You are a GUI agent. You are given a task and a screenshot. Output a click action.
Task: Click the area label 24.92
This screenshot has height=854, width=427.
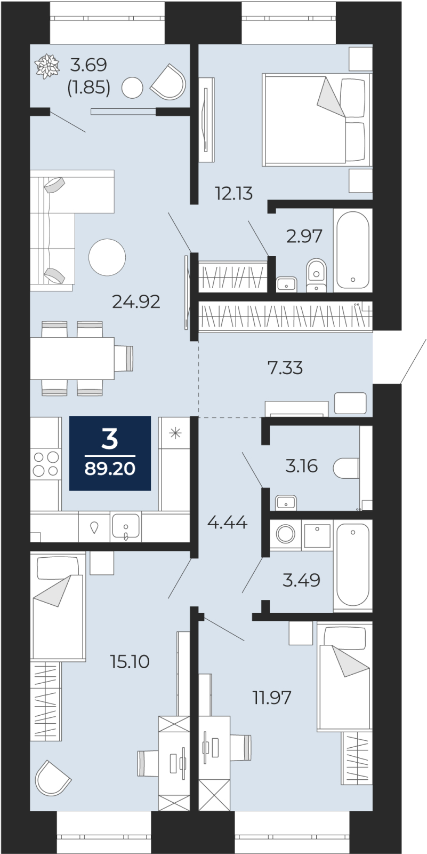[136, 302]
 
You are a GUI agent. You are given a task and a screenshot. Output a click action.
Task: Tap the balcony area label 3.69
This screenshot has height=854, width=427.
[88, 65]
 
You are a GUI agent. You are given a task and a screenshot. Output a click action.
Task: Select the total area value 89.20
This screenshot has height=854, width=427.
[110, 468]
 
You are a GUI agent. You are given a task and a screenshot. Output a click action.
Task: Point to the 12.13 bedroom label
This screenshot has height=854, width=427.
[234, 194]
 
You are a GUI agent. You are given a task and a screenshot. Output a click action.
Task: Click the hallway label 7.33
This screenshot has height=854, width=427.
[285, 368]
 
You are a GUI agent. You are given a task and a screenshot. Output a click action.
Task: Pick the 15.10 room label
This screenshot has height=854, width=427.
[130, 661]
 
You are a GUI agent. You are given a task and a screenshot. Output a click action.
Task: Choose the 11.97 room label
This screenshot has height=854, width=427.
[272, 698]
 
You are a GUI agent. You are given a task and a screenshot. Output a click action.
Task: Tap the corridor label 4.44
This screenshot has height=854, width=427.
[228, 523]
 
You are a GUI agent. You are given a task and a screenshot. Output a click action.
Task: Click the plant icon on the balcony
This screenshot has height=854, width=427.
[47, 67]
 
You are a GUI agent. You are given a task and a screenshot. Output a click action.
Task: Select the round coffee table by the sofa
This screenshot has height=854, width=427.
[107, 257]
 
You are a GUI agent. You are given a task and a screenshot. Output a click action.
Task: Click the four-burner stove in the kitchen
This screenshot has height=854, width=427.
[46, 464]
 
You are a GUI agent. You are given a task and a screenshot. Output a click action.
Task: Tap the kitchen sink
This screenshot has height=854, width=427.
[126, 526]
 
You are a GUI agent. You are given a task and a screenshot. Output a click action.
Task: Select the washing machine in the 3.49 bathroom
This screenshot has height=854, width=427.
[285, 534]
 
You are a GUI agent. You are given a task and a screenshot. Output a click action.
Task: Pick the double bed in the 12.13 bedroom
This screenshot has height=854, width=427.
[316, 120]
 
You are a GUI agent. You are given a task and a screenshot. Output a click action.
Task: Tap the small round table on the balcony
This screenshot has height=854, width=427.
[132, 88]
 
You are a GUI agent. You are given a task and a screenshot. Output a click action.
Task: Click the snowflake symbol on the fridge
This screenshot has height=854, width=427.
[175, 433]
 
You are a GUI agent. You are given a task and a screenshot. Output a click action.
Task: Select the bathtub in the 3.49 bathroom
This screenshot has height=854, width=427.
[353, 566]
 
